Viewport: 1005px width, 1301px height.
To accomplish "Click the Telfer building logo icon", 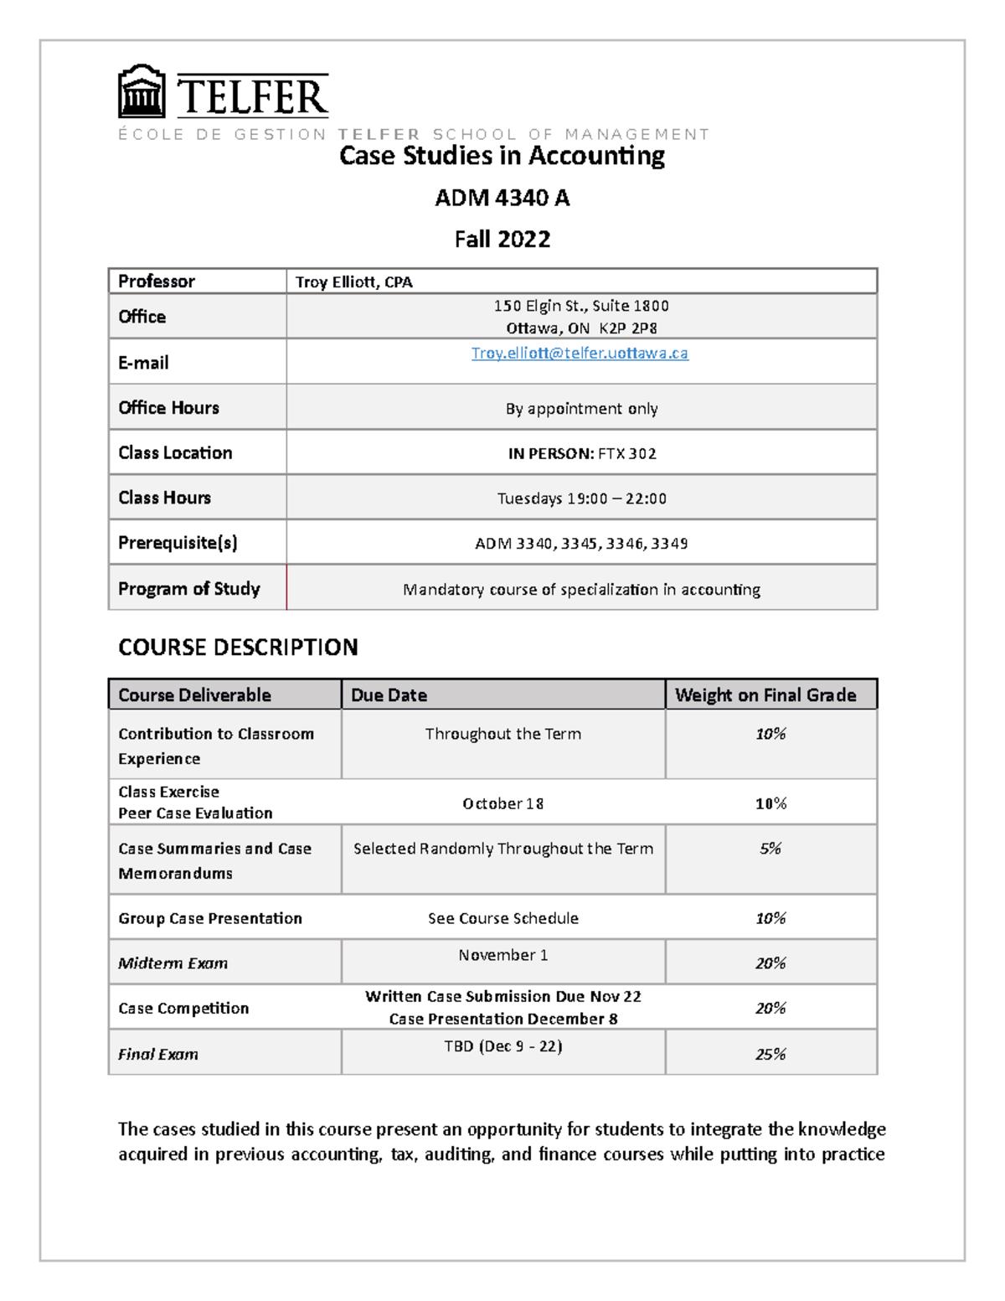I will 141,92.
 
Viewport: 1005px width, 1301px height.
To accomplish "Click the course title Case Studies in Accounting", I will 502,156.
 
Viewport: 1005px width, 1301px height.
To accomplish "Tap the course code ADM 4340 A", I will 502,198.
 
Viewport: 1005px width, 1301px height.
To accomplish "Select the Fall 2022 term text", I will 502,240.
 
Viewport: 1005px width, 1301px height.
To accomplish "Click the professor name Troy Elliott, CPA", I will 353,282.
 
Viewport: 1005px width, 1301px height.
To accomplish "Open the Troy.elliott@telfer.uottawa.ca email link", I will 580,354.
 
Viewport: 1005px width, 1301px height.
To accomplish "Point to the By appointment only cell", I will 581,409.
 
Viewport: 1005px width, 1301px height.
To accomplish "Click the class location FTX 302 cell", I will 581,454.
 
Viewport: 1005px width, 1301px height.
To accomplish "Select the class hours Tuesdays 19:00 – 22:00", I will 581,498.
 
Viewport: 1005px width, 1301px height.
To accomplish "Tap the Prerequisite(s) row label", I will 178,543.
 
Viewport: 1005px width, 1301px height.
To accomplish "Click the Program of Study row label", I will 188,589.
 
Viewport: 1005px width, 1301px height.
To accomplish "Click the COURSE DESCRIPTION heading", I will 238,648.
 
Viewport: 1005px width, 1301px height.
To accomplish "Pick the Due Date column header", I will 389,695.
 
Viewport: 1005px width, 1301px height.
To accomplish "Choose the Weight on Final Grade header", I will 765,695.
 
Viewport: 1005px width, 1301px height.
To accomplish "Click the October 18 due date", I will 502,804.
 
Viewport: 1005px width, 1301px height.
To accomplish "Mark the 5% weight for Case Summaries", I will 770,849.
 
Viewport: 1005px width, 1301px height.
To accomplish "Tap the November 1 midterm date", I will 502,955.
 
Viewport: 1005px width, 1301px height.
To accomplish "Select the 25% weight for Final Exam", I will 770,1055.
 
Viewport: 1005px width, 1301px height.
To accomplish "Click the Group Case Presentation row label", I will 209,919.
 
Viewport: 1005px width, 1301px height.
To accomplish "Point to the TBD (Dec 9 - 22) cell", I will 502,1046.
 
